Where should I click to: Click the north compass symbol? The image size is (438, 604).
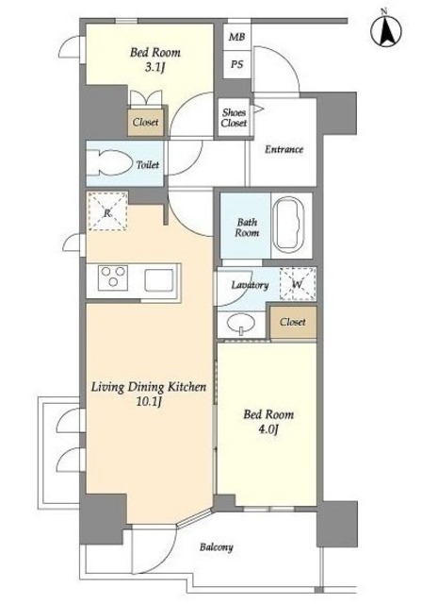click(385, 30)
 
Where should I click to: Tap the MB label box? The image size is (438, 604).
click(236, 37)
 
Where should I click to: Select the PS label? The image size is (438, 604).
click(236, 64)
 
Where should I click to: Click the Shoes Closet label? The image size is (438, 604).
click(234, 117)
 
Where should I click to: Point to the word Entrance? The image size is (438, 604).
click(284, 149)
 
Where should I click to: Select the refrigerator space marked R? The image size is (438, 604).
click(107, 210)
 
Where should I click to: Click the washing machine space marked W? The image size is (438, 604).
click(298, 284)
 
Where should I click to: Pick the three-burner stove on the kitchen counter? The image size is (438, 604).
click(113, 277)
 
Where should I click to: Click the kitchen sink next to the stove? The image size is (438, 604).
click(159, 280)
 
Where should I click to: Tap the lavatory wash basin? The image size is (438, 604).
click(241, 324)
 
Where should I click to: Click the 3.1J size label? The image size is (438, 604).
click(154, 68)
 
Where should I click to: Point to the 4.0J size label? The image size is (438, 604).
click(268, 429)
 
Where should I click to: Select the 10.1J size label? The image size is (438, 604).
click(149, 402)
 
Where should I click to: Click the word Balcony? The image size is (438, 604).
click(216, 547)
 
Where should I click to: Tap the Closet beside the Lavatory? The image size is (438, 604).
click(293, 322)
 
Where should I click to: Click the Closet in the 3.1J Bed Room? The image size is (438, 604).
click(146, 122)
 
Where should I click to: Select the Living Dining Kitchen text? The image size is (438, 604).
click(149, 387)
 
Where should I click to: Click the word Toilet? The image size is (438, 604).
click(148, 165)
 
